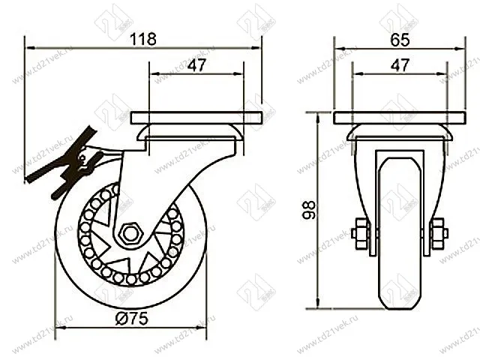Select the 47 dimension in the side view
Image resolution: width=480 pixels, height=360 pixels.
pyautogui.click(x=196, y=65)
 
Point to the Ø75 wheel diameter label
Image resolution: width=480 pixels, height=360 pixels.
pyautogui.click(x=132, y=318)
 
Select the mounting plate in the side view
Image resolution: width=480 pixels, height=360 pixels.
pyautogui.click(x=196, y=118)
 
